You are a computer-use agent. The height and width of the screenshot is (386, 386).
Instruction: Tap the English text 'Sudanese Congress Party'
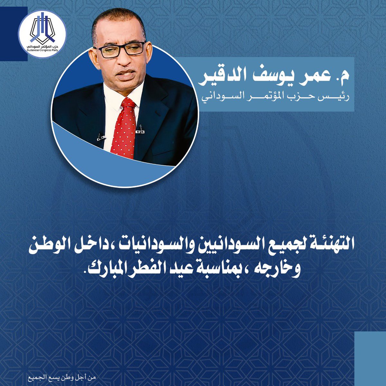[x=42, y=50]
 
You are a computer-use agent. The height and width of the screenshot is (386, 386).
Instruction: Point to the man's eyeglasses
[x=120, y=49]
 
